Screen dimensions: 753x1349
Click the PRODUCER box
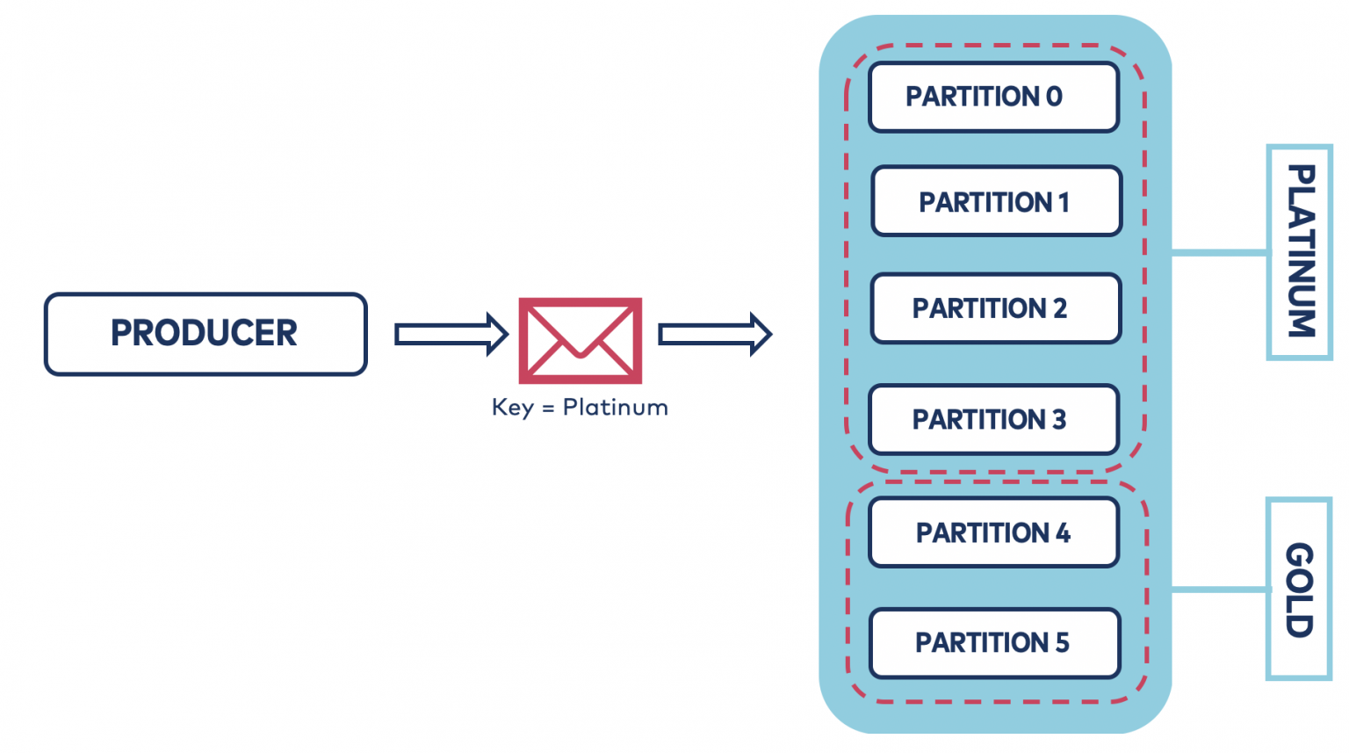click(206, 334)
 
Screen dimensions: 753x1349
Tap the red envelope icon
click(580, 340)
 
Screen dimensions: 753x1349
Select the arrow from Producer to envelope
click(451, 335)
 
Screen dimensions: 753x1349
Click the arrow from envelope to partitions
click(714, 335)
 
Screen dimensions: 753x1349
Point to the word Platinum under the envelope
click(615, 408)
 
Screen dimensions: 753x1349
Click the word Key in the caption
click(512, 408)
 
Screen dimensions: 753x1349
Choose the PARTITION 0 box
click(993, 97)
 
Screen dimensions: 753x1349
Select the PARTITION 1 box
click(996, 202)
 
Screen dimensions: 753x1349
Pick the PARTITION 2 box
click(995, 308)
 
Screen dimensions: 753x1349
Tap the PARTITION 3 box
click(993, 420)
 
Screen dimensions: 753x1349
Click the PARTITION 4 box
click(993, 532)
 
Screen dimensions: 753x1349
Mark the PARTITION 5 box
click(994, 643)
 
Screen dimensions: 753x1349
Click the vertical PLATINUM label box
click(1300, 252)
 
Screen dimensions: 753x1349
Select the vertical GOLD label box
click(1299, 589)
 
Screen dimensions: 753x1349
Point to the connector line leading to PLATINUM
click(1219, 253)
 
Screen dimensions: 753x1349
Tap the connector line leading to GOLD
click(1219, 589)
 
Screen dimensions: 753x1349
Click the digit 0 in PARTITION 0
click(1054, 97)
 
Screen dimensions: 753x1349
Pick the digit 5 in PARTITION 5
click(1062, 643)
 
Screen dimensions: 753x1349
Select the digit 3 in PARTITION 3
click(1059, 420)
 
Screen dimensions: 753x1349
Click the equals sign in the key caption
click(548, 409)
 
